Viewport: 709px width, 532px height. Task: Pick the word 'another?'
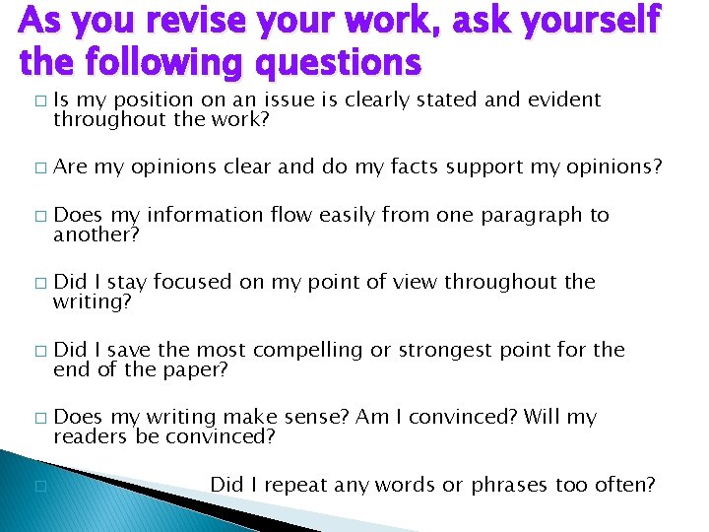click(97, 234)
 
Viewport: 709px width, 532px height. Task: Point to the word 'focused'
click(193, 282)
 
